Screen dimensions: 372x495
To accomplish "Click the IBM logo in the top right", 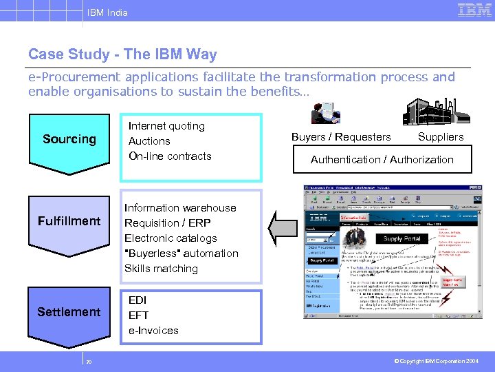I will click(474, 10).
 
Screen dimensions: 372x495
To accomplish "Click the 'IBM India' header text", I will click(107, 12).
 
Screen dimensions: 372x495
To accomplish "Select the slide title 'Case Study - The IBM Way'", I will click(122, 54).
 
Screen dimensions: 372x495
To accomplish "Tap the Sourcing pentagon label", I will click(69, 139).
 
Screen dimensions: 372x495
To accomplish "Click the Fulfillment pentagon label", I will click(69, 221).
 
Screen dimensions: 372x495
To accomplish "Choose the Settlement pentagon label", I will click(69, 312).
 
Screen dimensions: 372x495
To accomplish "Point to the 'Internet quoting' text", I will click(166, 126).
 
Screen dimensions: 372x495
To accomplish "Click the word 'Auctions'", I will click(149, 141).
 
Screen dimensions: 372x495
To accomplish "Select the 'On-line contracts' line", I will click(170, 156).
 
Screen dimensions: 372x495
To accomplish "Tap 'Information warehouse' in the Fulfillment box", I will click(179, 208).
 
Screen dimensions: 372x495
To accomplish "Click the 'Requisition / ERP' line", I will click(167, 223).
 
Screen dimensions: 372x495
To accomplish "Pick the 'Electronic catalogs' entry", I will click(170, 238).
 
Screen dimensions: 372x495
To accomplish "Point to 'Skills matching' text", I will click(161, 269).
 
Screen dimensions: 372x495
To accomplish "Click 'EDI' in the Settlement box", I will click(138, 300).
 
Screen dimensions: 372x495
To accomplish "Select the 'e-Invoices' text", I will click(153, 331).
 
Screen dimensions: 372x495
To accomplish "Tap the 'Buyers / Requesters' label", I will click(341, 137).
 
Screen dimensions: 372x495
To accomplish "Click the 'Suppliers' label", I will click(441, 137).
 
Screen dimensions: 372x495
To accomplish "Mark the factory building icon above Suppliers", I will click(428, 111).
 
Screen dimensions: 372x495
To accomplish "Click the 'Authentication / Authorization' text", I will click(382, 160).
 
